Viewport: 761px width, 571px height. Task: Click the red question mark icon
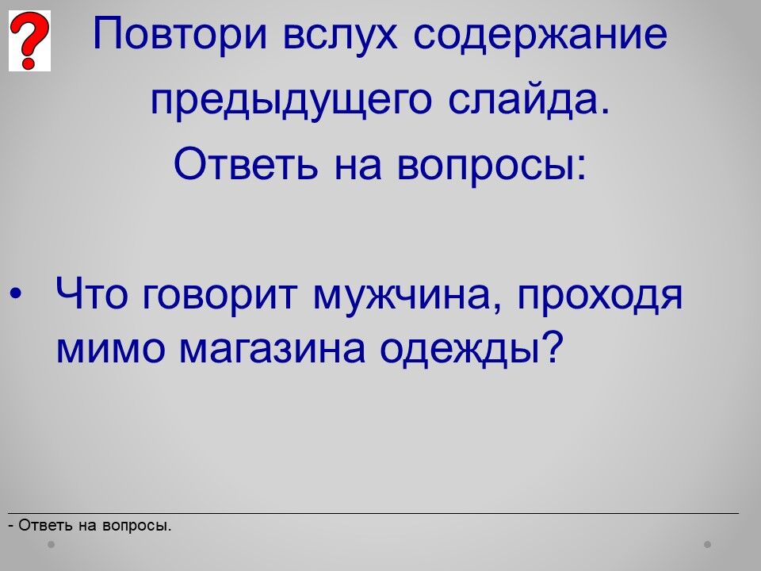pos(29,40)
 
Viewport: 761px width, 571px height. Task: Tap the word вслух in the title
pos(340,35)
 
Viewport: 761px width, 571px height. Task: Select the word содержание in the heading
pos(541,35)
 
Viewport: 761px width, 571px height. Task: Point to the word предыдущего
pos(291,101)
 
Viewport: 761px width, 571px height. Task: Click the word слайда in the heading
pos(529,100)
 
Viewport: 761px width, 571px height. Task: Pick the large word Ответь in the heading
pos(246,163)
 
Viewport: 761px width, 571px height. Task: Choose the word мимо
pos(111,348)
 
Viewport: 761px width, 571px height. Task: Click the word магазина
pos(272,350)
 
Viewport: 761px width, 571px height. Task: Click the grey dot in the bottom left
pos(51,544)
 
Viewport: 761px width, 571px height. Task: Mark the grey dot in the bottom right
pos(708,544)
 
